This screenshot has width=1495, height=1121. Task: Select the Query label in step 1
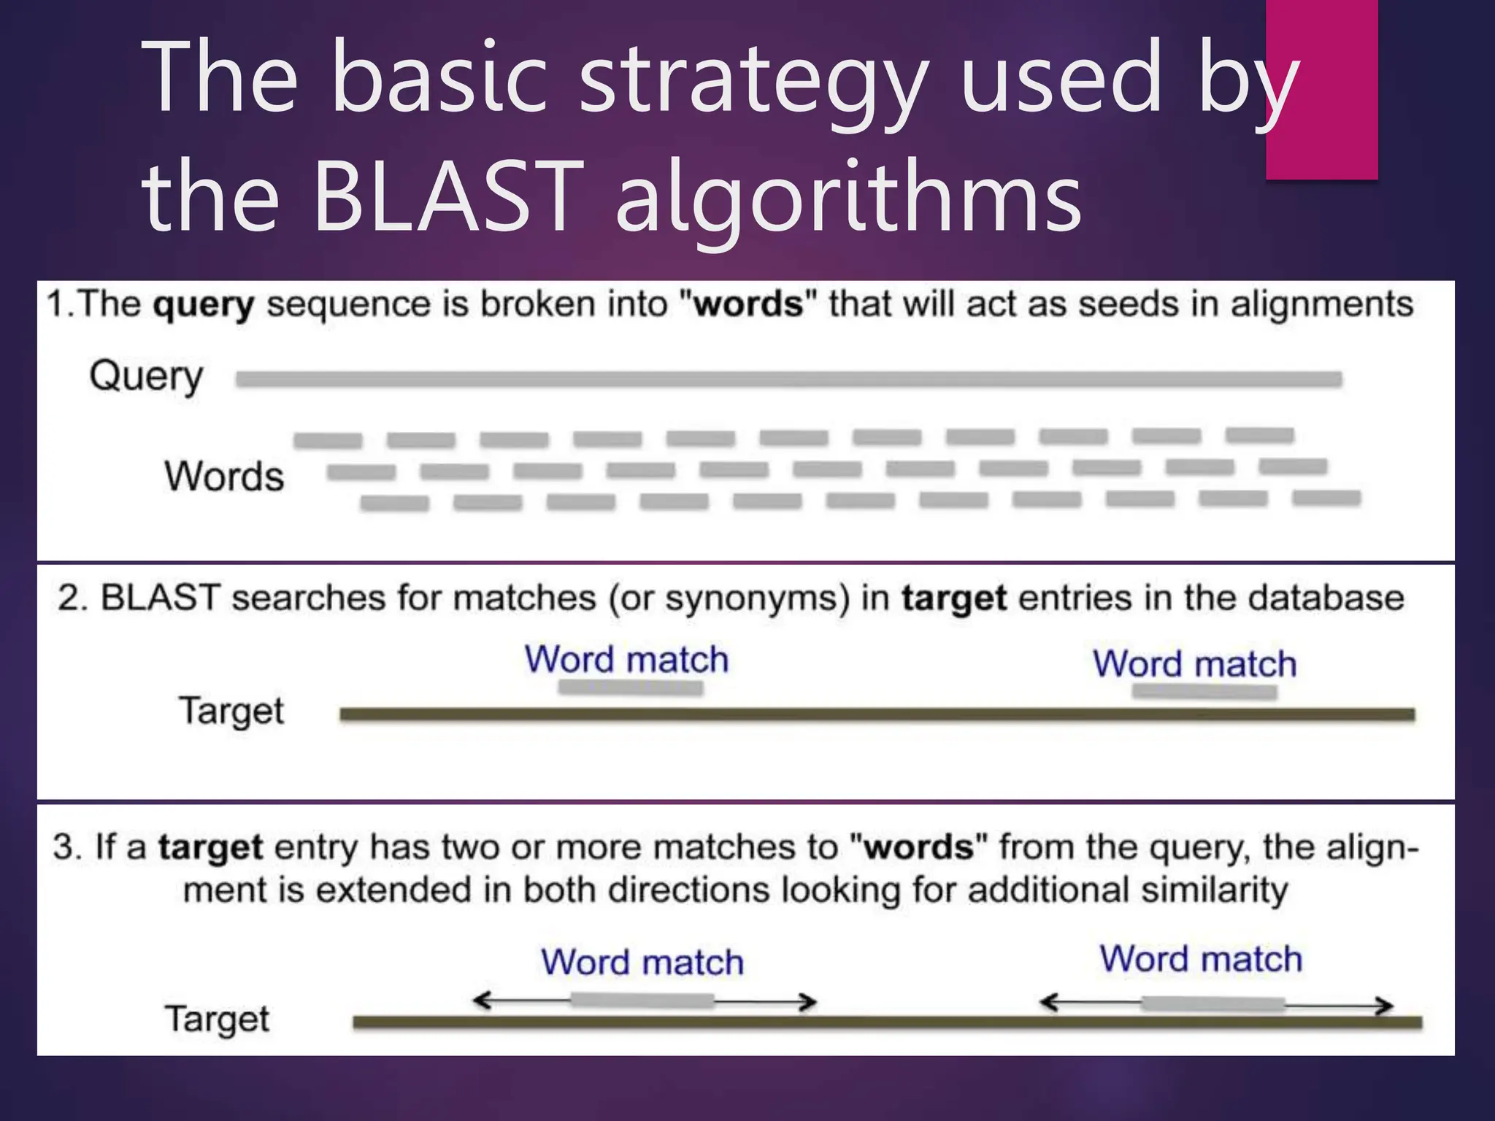coord(146,377)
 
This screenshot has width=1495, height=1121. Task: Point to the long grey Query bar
coord(788,379)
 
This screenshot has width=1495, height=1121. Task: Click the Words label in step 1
coord(223,476)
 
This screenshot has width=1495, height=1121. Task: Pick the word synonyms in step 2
coord(758,598)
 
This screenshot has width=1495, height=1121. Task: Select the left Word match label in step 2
coord(626,660)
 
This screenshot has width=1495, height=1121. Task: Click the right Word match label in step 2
coord(1194,664)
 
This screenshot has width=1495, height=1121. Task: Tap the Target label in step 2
coord(231,711)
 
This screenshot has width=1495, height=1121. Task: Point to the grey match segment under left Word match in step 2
coord(631,687)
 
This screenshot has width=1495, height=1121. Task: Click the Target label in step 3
coord(217,1019)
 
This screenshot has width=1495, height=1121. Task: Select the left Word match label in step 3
coord(642,962)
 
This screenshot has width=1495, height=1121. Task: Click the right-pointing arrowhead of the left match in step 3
coord(809,1002)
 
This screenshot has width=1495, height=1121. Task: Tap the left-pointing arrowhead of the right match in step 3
coord(1048,1003)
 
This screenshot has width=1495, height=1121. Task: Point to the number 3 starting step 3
coord(63,847)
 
